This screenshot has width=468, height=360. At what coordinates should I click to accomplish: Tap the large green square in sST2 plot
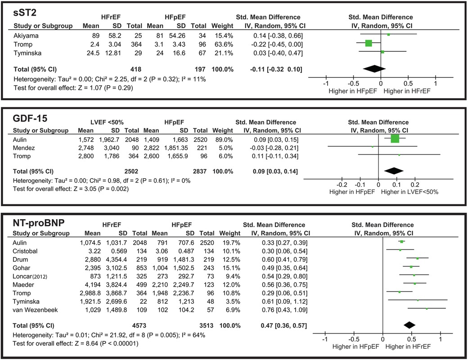coord(369,43)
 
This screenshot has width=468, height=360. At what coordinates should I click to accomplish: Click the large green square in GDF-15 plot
coord(395,139)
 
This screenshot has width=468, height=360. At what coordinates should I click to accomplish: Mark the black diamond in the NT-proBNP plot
coord(409,325)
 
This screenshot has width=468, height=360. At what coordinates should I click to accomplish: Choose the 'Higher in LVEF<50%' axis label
coord(410,192)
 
